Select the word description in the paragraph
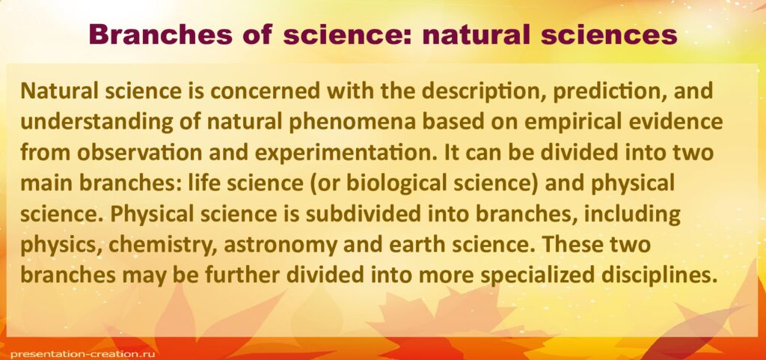pos(482,92)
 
